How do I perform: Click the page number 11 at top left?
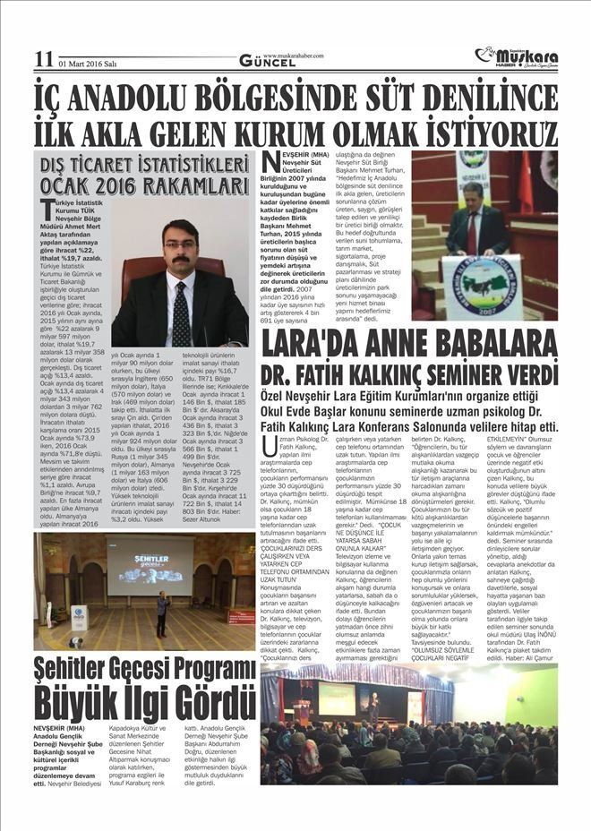pos(44,58)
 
